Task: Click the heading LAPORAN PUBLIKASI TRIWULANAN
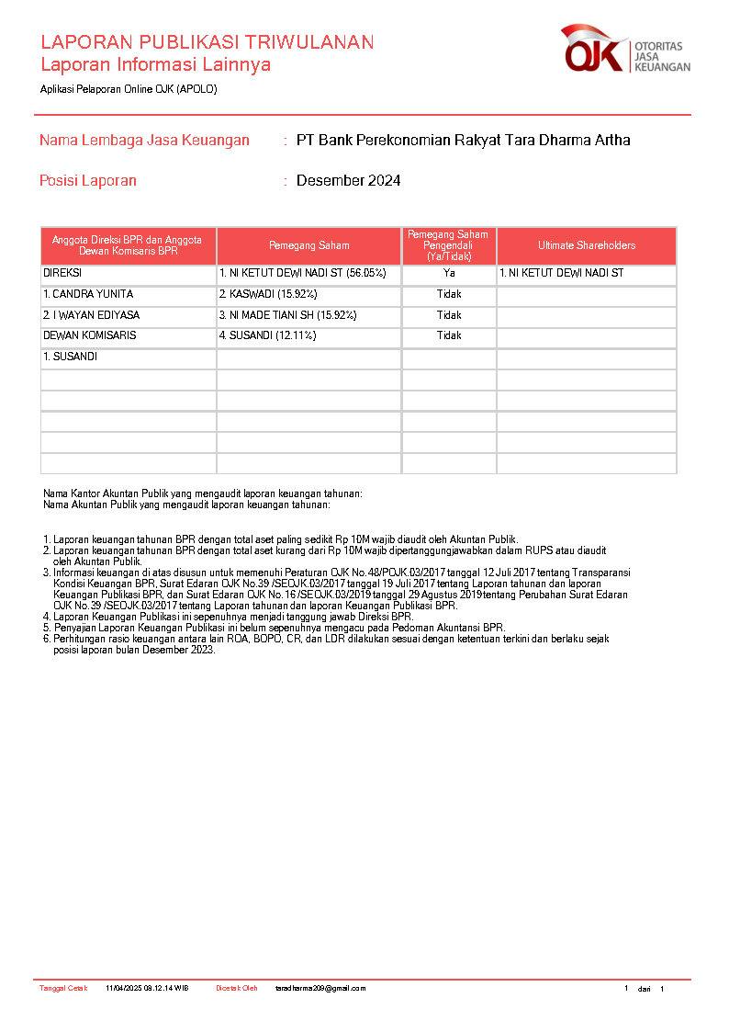click(207, 42)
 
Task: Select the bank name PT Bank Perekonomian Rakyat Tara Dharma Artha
click(463, 141)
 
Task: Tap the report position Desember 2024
click(348, 181)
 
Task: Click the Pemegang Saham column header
click(308, 245)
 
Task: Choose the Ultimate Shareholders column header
click(586, 245)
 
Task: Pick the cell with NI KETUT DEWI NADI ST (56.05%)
click(302, 274)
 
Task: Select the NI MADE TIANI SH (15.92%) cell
click(287, 315)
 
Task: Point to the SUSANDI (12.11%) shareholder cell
click(267, 335)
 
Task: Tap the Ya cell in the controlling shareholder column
click(449, 274)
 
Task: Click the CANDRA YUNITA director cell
click(88, 294)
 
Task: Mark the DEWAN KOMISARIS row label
click(89, 335)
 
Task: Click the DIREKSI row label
click(62, 274)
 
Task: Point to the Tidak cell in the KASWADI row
click(449, 294)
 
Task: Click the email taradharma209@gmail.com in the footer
click(320, 989)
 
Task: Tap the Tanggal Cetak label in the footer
click(63, 989)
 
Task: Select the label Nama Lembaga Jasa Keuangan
click(144, 141)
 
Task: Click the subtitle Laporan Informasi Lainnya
click(155, 65)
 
